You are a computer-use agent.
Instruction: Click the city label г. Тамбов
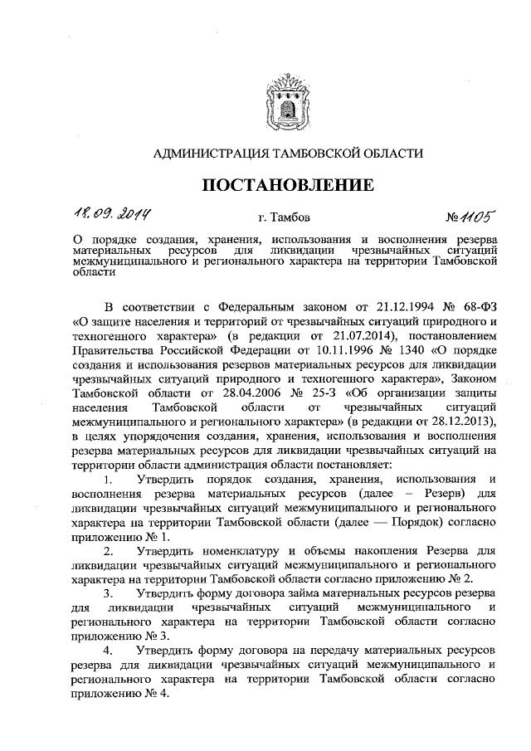[284, 219]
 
